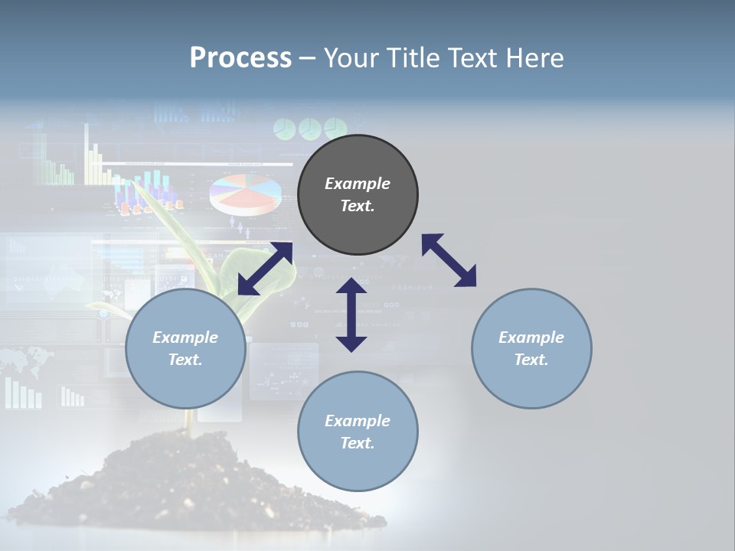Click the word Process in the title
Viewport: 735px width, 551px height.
coord(240,58)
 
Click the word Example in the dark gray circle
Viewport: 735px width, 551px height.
coord(358,184)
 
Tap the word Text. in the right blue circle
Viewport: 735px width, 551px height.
coord(531,360)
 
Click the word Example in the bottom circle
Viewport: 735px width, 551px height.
coord(358,420)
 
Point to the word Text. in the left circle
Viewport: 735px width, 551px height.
coord(185,360)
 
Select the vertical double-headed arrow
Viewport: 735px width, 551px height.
coord(351,315)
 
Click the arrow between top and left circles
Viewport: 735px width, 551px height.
coord(265,269)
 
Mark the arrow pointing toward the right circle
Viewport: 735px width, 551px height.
coord(449,260)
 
